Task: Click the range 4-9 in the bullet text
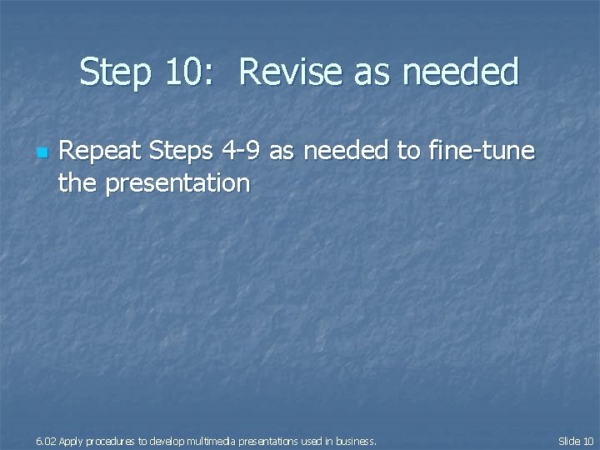[x=242, y=152]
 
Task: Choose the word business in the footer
[x=356, y=440]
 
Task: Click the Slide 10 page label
[x=575, y=440]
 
